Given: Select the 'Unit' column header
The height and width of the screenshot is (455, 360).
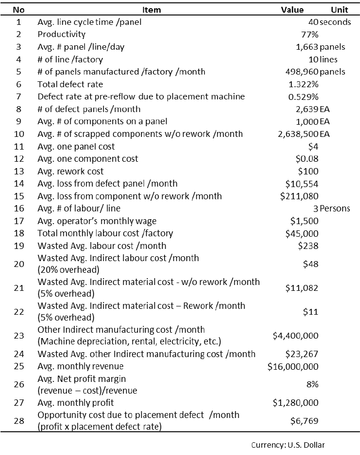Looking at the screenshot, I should (x=339, y=10).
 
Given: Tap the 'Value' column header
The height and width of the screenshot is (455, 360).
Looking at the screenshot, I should (x=292, y=10).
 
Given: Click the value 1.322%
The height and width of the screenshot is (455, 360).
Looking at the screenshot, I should (x=303, y=84).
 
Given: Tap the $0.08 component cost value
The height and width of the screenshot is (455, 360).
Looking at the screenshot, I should (x=308, y=159).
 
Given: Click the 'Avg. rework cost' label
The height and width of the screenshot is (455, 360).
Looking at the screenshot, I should (x=70, y=171).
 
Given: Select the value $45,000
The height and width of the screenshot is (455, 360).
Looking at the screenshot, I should (x=302, y=233).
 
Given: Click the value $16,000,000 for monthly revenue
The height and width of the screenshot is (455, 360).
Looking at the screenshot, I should (x=293, y=366).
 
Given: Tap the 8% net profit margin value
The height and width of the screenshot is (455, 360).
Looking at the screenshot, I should (x=312, y=384).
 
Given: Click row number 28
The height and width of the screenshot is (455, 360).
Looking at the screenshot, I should (x=19, y=421).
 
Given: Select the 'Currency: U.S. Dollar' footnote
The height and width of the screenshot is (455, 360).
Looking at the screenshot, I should (x=288, y=445).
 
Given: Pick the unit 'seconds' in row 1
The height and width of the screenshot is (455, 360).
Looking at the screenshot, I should (x=335, y=22).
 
